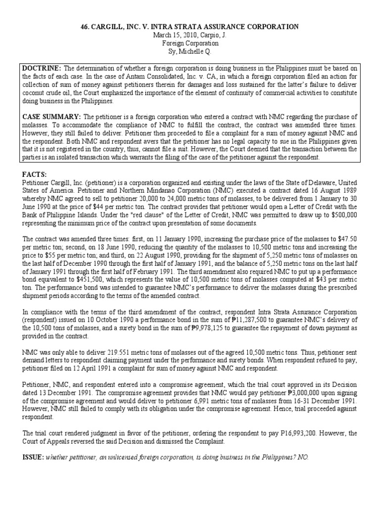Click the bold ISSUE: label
coord(33,458)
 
